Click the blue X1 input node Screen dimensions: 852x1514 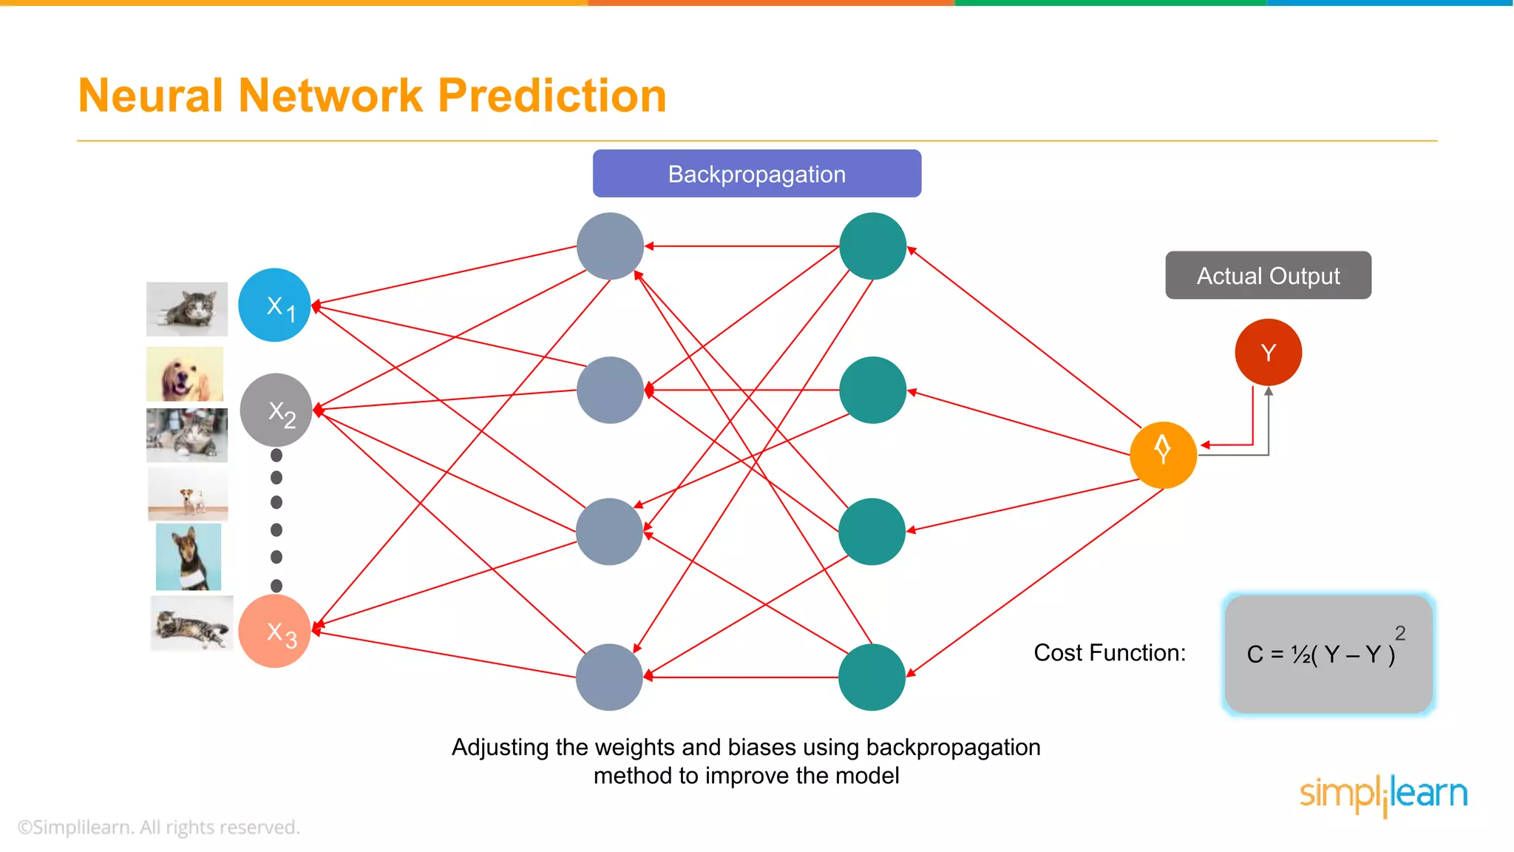point(274,305)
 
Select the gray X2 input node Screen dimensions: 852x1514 point(276,410)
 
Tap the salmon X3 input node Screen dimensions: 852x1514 point(274,631)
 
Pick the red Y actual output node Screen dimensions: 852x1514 point(1268,352)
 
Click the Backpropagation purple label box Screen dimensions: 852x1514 point(756,174)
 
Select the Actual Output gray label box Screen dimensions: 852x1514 point(1268,275)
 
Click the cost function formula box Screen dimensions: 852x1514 point(1328,654)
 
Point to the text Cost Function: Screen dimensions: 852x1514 point(1109,652)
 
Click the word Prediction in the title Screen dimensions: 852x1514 point(552,96)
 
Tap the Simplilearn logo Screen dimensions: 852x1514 point(1383,794)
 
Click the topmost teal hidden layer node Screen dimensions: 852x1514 point(872,246)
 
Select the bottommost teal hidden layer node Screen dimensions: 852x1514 point(872,677)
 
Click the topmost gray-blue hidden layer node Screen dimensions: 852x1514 point(610,246)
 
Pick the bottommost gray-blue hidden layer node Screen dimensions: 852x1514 point(609,677)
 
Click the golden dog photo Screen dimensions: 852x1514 point(185,374)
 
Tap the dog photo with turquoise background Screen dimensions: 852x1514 point(189,556)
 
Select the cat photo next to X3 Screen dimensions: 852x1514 point(191,623)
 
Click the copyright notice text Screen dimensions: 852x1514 point(159,827)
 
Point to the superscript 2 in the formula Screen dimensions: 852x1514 point(1399,633)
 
